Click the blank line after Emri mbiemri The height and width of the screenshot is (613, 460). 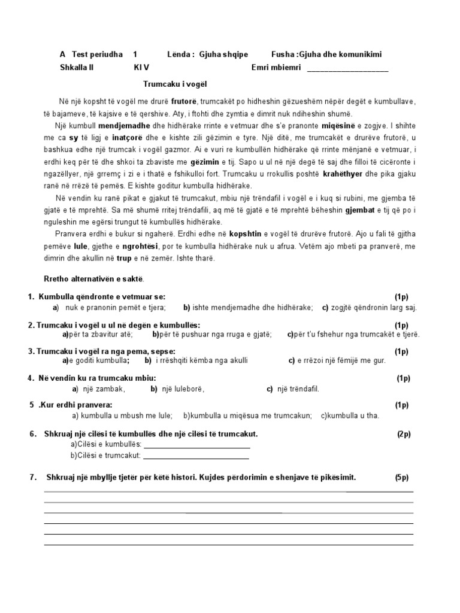[347, 69]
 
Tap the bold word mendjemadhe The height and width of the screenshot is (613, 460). [124, 126]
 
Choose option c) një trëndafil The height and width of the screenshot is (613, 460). [293, 389]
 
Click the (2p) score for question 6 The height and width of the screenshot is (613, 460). [403, 434]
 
